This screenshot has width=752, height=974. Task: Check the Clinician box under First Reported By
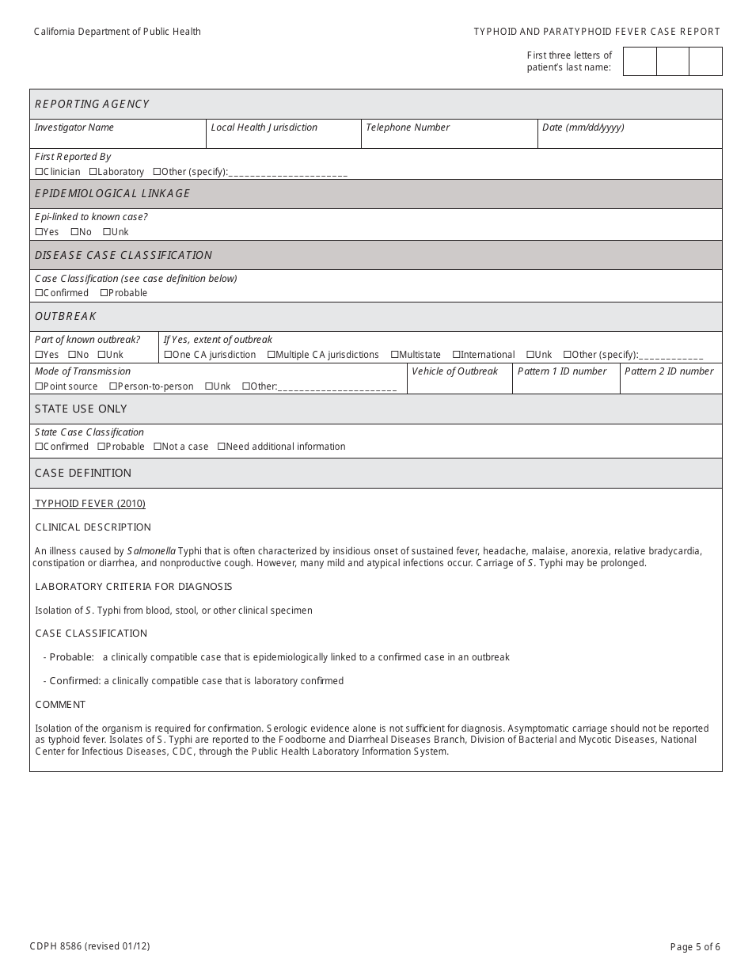(x=39, y=172)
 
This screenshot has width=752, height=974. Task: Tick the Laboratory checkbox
(x=93, y=172)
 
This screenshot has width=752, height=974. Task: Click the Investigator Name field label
(x=74, y=127)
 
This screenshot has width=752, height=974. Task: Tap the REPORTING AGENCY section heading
(x=92, y=104)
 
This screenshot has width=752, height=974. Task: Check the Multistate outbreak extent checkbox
(x=394, y=355)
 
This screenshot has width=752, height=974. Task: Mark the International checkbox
(x=457, y=355)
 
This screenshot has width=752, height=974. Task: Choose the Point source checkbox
(x=39, y=386)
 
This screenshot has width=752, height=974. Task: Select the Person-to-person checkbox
(x=113, y=386)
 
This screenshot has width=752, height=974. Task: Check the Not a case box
(x=158, y=447)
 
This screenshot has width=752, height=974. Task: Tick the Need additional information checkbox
(x=222, y=447)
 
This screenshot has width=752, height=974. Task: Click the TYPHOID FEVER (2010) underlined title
(x=90, y=504)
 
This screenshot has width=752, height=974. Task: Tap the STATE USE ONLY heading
(x=81, y=409)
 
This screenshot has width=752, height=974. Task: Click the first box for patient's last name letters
(x=640, y=62)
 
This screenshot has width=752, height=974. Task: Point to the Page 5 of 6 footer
(x=695, y=946)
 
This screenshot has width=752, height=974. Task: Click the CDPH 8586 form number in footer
(x=89, y=946)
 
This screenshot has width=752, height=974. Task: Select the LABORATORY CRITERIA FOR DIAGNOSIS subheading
(x=134, y=587)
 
